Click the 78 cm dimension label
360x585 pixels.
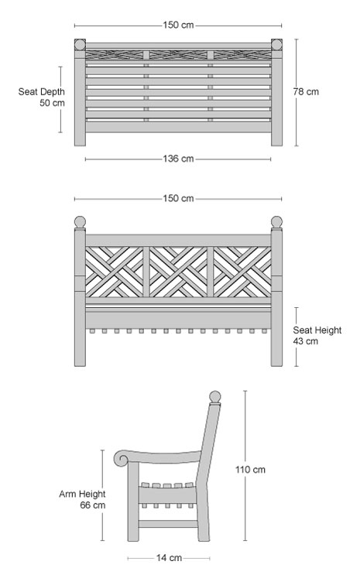pyautogui.click(x=306, y=92)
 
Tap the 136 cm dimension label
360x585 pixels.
pyautogui.click(x=178, y=159)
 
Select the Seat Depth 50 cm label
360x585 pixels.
pyautogui.click(x=42, y=97)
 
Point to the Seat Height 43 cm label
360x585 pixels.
pyautogui.click(x=317, y=335)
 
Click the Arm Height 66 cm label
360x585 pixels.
pyautogui.click(x=82, y=500)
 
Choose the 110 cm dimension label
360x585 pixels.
pyautogui.click(x=250, y=470)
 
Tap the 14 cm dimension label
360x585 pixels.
pyautogui.click(x=169, y=558)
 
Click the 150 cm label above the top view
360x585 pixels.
pyautogui.click(x=178, y=26)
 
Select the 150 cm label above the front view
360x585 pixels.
pyautogui.click(x=178, y=198)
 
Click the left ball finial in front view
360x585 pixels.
pyautogui.click(x=80, y=221)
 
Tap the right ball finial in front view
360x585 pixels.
pyautogui.click(x=276, y=221)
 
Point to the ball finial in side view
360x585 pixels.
pyautogui.click(x=215, y=397)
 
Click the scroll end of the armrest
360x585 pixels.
pyautogui.click(x=122, y=459)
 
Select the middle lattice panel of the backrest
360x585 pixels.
pyautogui.click(x=178, y=272)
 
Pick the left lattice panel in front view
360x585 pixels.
pyautogui.click(x=115, y=272)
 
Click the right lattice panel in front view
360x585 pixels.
pyautogui.click(x=242, y=272)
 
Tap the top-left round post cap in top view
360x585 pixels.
pyautogui.click(x=80, y=45)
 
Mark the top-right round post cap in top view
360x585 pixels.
pyautogui.click(x=276, y=45)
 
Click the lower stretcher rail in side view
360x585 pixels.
pyautogui.click(x=169, y=524)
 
